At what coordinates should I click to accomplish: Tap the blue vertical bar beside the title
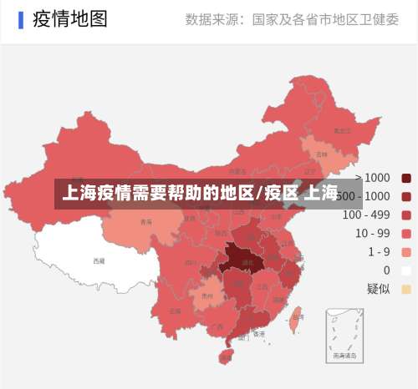[x=20, y=20]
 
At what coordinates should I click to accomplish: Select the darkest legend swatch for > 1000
[x=406, y=177]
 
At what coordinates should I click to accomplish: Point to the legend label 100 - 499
[x=366, y=215]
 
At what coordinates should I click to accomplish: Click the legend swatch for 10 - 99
[x=406, y=233]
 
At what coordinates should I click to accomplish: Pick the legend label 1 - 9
[x=373, y=251]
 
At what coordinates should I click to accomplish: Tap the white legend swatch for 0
[x=406, y=270]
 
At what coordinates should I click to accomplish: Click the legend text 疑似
[x=378, y=289]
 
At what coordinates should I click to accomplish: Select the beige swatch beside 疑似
[x=406, y=289]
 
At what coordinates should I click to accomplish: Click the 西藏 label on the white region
[x=99, y=260]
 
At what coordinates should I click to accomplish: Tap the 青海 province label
[x=146, y=222]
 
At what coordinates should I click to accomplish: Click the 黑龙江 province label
[x=341, y=130]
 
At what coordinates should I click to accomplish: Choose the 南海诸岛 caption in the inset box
[x=344, y=354]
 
